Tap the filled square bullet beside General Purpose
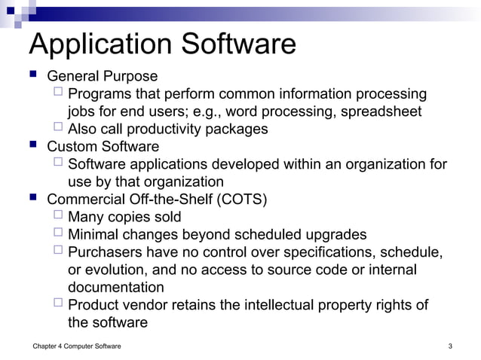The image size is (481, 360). click(33, 76)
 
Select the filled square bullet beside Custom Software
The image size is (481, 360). click(33, 146)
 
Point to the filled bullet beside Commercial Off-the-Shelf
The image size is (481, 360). click(33, 199)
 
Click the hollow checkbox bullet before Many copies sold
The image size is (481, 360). click(59, 216)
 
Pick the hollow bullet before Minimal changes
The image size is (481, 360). click(59, 233)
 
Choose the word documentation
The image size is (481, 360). click(116, 287)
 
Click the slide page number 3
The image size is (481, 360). click(449, 346)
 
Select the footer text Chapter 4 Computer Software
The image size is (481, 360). click(77, 346)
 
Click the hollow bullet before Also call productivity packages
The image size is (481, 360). click(59, 128)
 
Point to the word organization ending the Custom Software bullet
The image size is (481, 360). click(183, 182)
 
